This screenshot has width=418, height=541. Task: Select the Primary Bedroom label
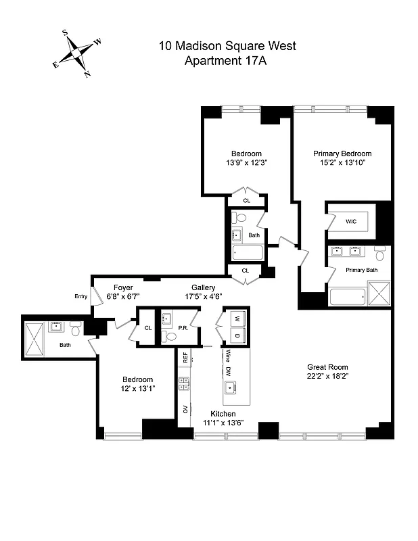[342, 154]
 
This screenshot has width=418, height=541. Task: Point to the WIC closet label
[350, 221]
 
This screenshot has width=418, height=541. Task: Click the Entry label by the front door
[81, 296]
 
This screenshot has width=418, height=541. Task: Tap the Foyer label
[122, 287]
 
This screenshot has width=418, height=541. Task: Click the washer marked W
[237, 319]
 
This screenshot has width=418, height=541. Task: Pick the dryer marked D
[237, 335]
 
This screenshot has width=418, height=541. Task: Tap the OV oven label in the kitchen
[184, 409]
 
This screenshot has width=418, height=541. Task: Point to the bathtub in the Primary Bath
[348, 296]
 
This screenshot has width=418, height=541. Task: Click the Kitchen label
[223, 413]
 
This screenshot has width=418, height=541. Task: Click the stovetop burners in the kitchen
[183, 383]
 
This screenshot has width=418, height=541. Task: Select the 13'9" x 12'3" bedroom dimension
[246, 162]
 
